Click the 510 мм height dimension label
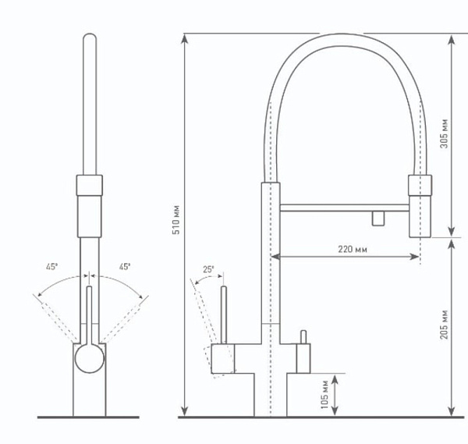[176, 220]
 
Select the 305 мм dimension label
[444, 133]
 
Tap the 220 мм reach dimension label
[353, 249]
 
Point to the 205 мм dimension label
[444, 325]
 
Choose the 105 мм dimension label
[324, 394]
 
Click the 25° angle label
[208, 269]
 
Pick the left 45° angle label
[51, 267]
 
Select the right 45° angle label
[125, 267]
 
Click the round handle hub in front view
[89, 358]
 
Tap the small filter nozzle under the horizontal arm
[378, 218]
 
